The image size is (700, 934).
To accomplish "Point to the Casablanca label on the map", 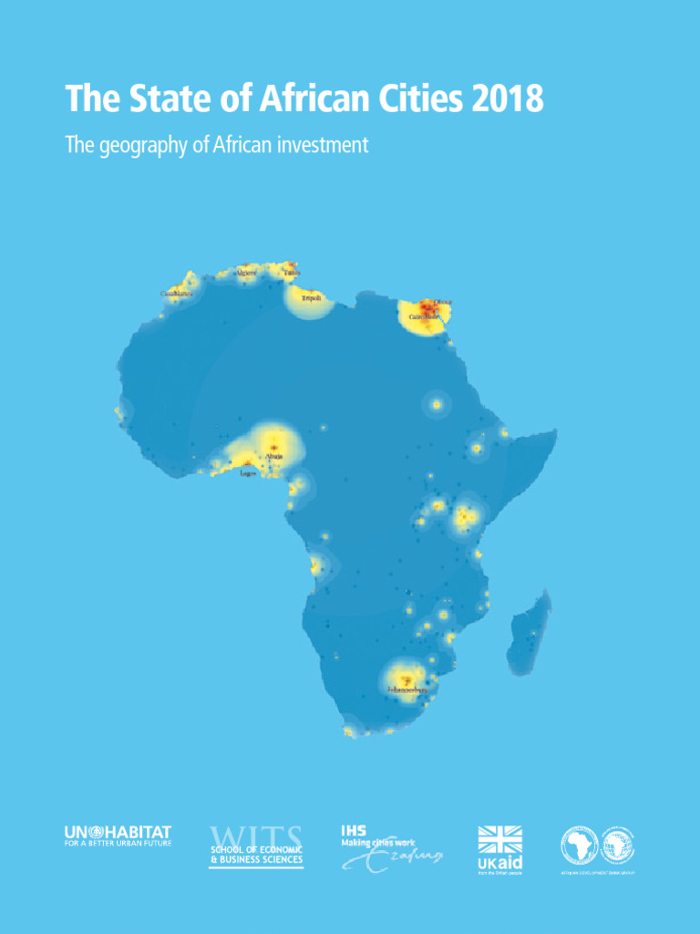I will pyautogui.click(x=176, y=294).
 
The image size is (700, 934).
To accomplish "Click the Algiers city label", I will pyautogui.click(x=246, y=272).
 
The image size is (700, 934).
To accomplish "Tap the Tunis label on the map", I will pyautogui.click(x=292, y=272).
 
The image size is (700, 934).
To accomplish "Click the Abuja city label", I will pyautogui.click(x=274, y=456).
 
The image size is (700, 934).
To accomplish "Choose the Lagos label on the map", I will pyautogui.click(x=248, y=474).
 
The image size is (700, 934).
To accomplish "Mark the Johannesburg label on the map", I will pyautogui.click(x=407, y=690).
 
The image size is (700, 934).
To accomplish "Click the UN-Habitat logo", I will pyautogui.click(x=118, y=833).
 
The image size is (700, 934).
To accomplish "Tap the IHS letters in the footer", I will pyautogui.click(x=354, y=830).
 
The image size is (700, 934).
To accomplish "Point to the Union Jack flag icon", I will pyautogui.click(x=500, y=840).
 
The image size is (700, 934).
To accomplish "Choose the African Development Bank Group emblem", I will pyautogui.click(x=597, y=846).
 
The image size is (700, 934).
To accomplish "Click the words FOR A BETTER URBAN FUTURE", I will pyautogui.click(x=118, y=844).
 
